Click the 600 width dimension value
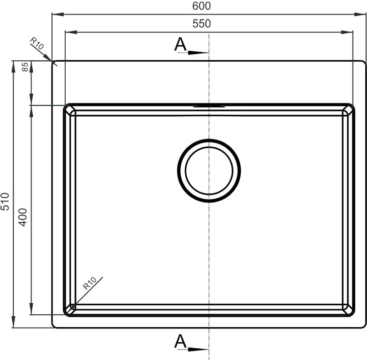click(x=201, y=6)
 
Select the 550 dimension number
click(x=201, y=23)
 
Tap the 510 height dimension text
click(x=4, y=202)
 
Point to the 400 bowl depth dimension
click(x=22, y=217)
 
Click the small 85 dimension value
click(x=25, y=67)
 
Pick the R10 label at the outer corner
click(x=37, y=43)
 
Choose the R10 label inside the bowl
click(x=90, y=283)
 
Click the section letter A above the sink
click(x=180, y=44)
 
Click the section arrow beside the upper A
click(x=198, y=53)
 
